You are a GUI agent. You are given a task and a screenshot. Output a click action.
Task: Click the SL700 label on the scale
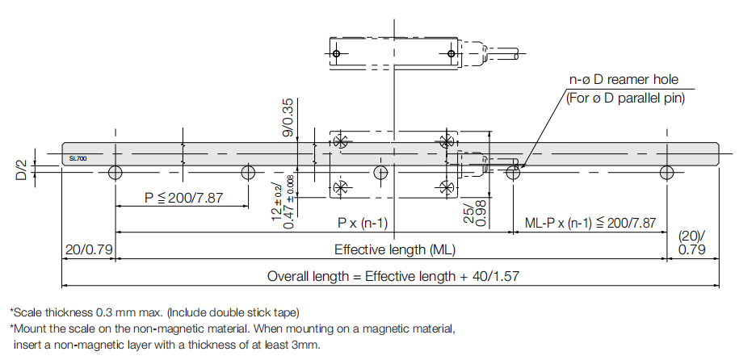tap(78, 159)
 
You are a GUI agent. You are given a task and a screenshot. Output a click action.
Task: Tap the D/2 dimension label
tap(22, 171)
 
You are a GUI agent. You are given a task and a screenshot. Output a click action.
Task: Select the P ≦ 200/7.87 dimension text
tap(184, 197)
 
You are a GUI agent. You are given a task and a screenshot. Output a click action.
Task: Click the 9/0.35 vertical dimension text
tap(288, 117)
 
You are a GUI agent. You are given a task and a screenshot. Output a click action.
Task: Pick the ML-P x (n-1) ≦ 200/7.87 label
tap(590, 223)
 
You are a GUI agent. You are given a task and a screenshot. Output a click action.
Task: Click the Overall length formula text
tap(393, 276)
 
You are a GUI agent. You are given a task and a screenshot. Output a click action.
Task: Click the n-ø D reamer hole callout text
tap(624, 80)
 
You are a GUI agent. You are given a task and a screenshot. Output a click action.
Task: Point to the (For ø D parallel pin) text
tap(624, 98)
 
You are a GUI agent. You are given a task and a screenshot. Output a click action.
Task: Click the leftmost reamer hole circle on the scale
tap(115, 172)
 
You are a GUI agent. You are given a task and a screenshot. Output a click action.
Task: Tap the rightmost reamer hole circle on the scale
tap(666, 172)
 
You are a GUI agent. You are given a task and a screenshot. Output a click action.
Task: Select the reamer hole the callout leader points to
tap(512, 172)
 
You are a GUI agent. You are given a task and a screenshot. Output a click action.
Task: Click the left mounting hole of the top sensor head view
tap(337, 54)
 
